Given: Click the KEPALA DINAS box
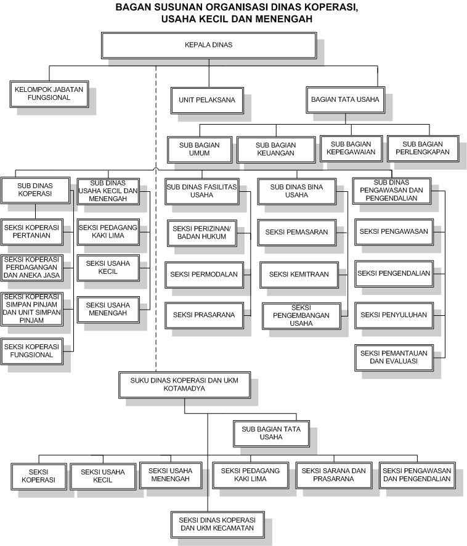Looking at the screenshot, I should point(208,45).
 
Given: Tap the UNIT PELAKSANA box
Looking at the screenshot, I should point(206,99).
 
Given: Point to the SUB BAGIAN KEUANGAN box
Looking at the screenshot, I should point(275,149).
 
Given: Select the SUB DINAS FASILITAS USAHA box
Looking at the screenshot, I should point(201,191).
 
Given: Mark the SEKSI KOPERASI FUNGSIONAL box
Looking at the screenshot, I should point(31,350).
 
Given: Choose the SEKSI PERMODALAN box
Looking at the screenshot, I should point(204,274).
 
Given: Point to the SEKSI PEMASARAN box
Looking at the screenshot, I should point(296,232).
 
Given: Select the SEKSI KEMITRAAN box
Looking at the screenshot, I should point(299,274).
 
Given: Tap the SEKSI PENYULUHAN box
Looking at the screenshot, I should point(393,315).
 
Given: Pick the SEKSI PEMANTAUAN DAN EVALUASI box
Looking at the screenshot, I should point(393,357).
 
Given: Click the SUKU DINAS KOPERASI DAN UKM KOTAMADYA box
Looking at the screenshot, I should point(184,384).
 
